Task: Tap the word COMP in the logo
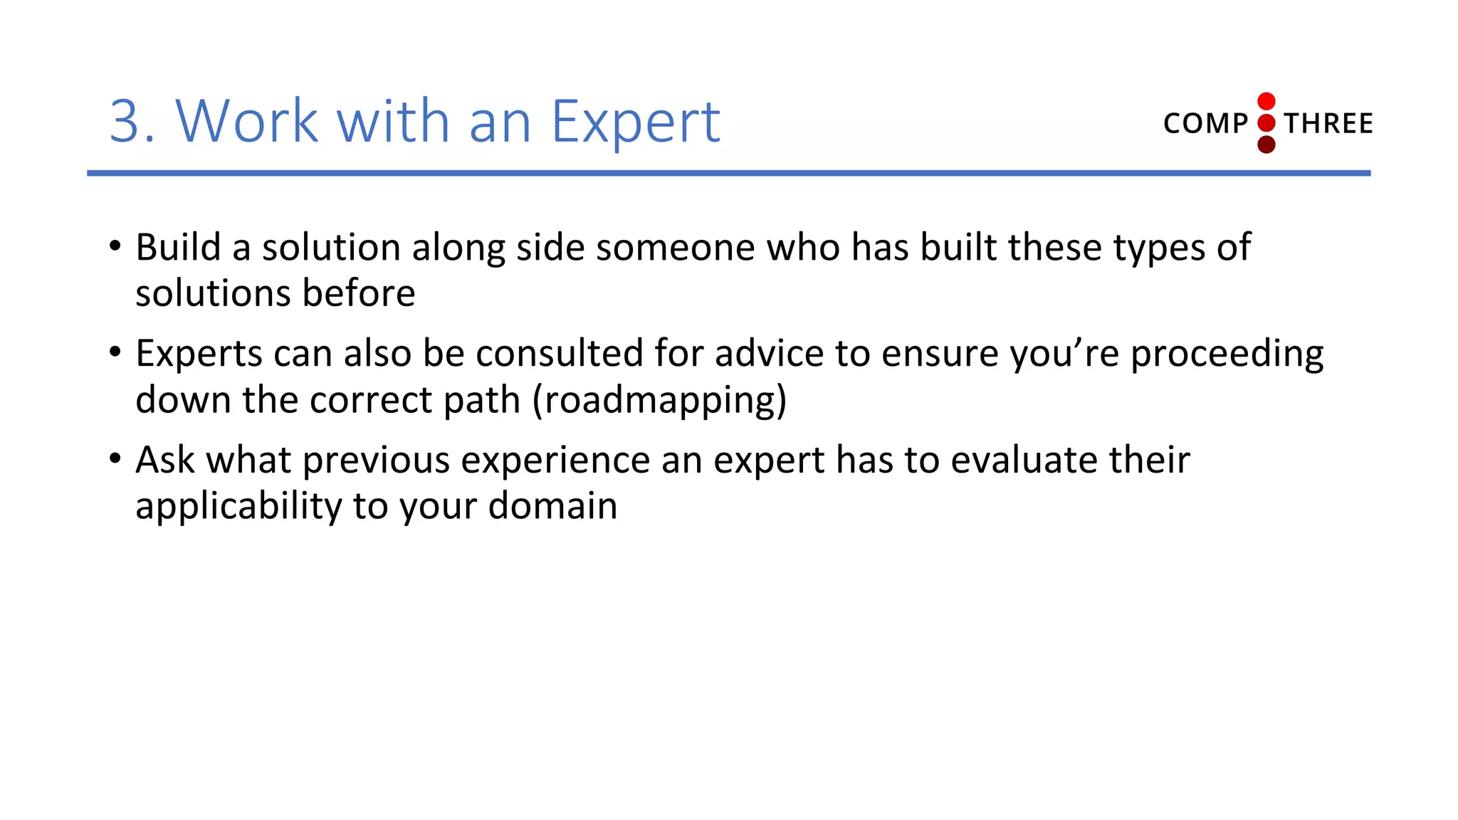tap(1205, 124)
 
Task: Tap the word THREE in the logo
tap(1328, 124)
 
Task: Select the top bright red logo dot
tap(1266, 101)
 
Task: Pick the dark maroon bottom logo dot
tap(1266, 145)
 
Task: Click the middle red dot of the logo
tap(1266, 123)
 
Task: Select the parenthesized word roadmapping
tap(660, 401)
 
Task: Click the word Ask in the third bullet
tap(165, 460)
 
